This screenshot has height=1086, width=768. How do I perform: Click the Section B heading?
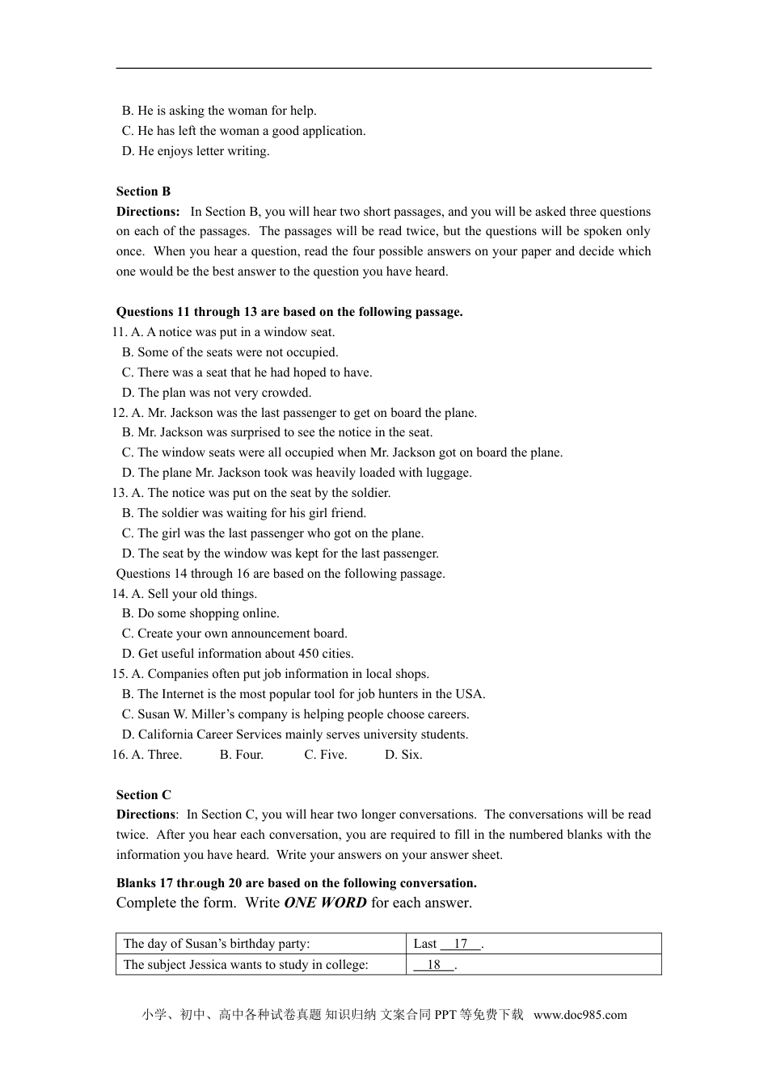[x=143, y=192]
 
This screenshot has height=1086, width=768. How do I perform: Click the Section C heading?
[x=143, y=795]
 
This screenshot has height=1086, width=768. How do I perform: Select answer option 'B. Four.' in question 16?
[x=242, y=755]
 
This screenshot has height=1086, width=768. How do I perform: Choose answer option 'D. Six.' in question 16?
[x=403, y=755]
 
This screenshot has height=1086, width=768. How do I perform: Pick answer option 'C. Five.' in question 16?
[x=326, y=755]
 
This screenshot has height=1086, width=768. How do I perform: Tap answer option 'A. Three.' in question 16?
[x=157, y=755]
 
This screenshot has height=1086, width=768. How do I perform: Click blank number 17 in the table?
[x=461, y=944]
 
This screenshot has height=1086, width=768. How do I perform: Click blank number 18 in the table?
[x=434, y=965]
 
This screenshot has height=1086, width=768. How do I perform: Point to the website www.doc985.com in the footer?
[x=580, y=1016]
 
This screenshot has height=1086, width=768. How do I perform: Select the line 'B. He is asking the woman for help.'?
[x=219, y=111]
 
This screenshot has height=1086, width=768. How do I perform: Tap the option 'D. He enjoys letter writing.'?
[x=196, y=151]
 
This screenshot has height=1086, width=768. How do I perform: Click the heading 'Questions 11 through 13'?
[x=289, y=312]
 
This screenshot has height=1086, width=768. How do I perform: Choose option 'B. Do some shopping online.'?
[x=200, y=613]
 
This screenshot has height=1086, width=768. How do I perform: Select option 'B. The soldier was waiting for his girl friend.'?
[x=244, y=513]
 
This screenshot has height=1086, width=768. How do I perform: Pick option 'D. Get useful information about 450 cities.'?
[x=238, y=654]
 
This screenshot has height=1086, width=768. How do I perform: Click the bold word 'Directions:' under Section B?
[x=148, y=212]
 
